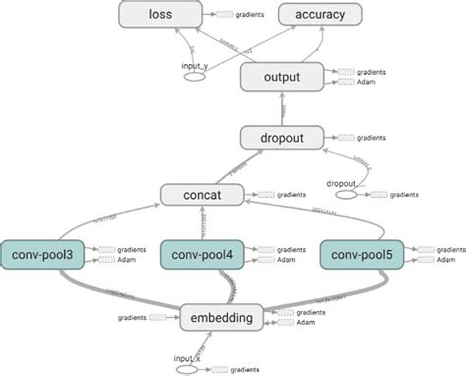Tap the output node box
click(283, 76)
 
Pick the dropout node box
click(280, 138)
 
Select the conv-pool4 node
click(203, 256)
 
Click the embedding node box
click(224, 317)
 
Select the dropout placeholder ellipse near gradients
click(349, 195)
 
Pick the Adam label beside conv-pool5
click(445, 262)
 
